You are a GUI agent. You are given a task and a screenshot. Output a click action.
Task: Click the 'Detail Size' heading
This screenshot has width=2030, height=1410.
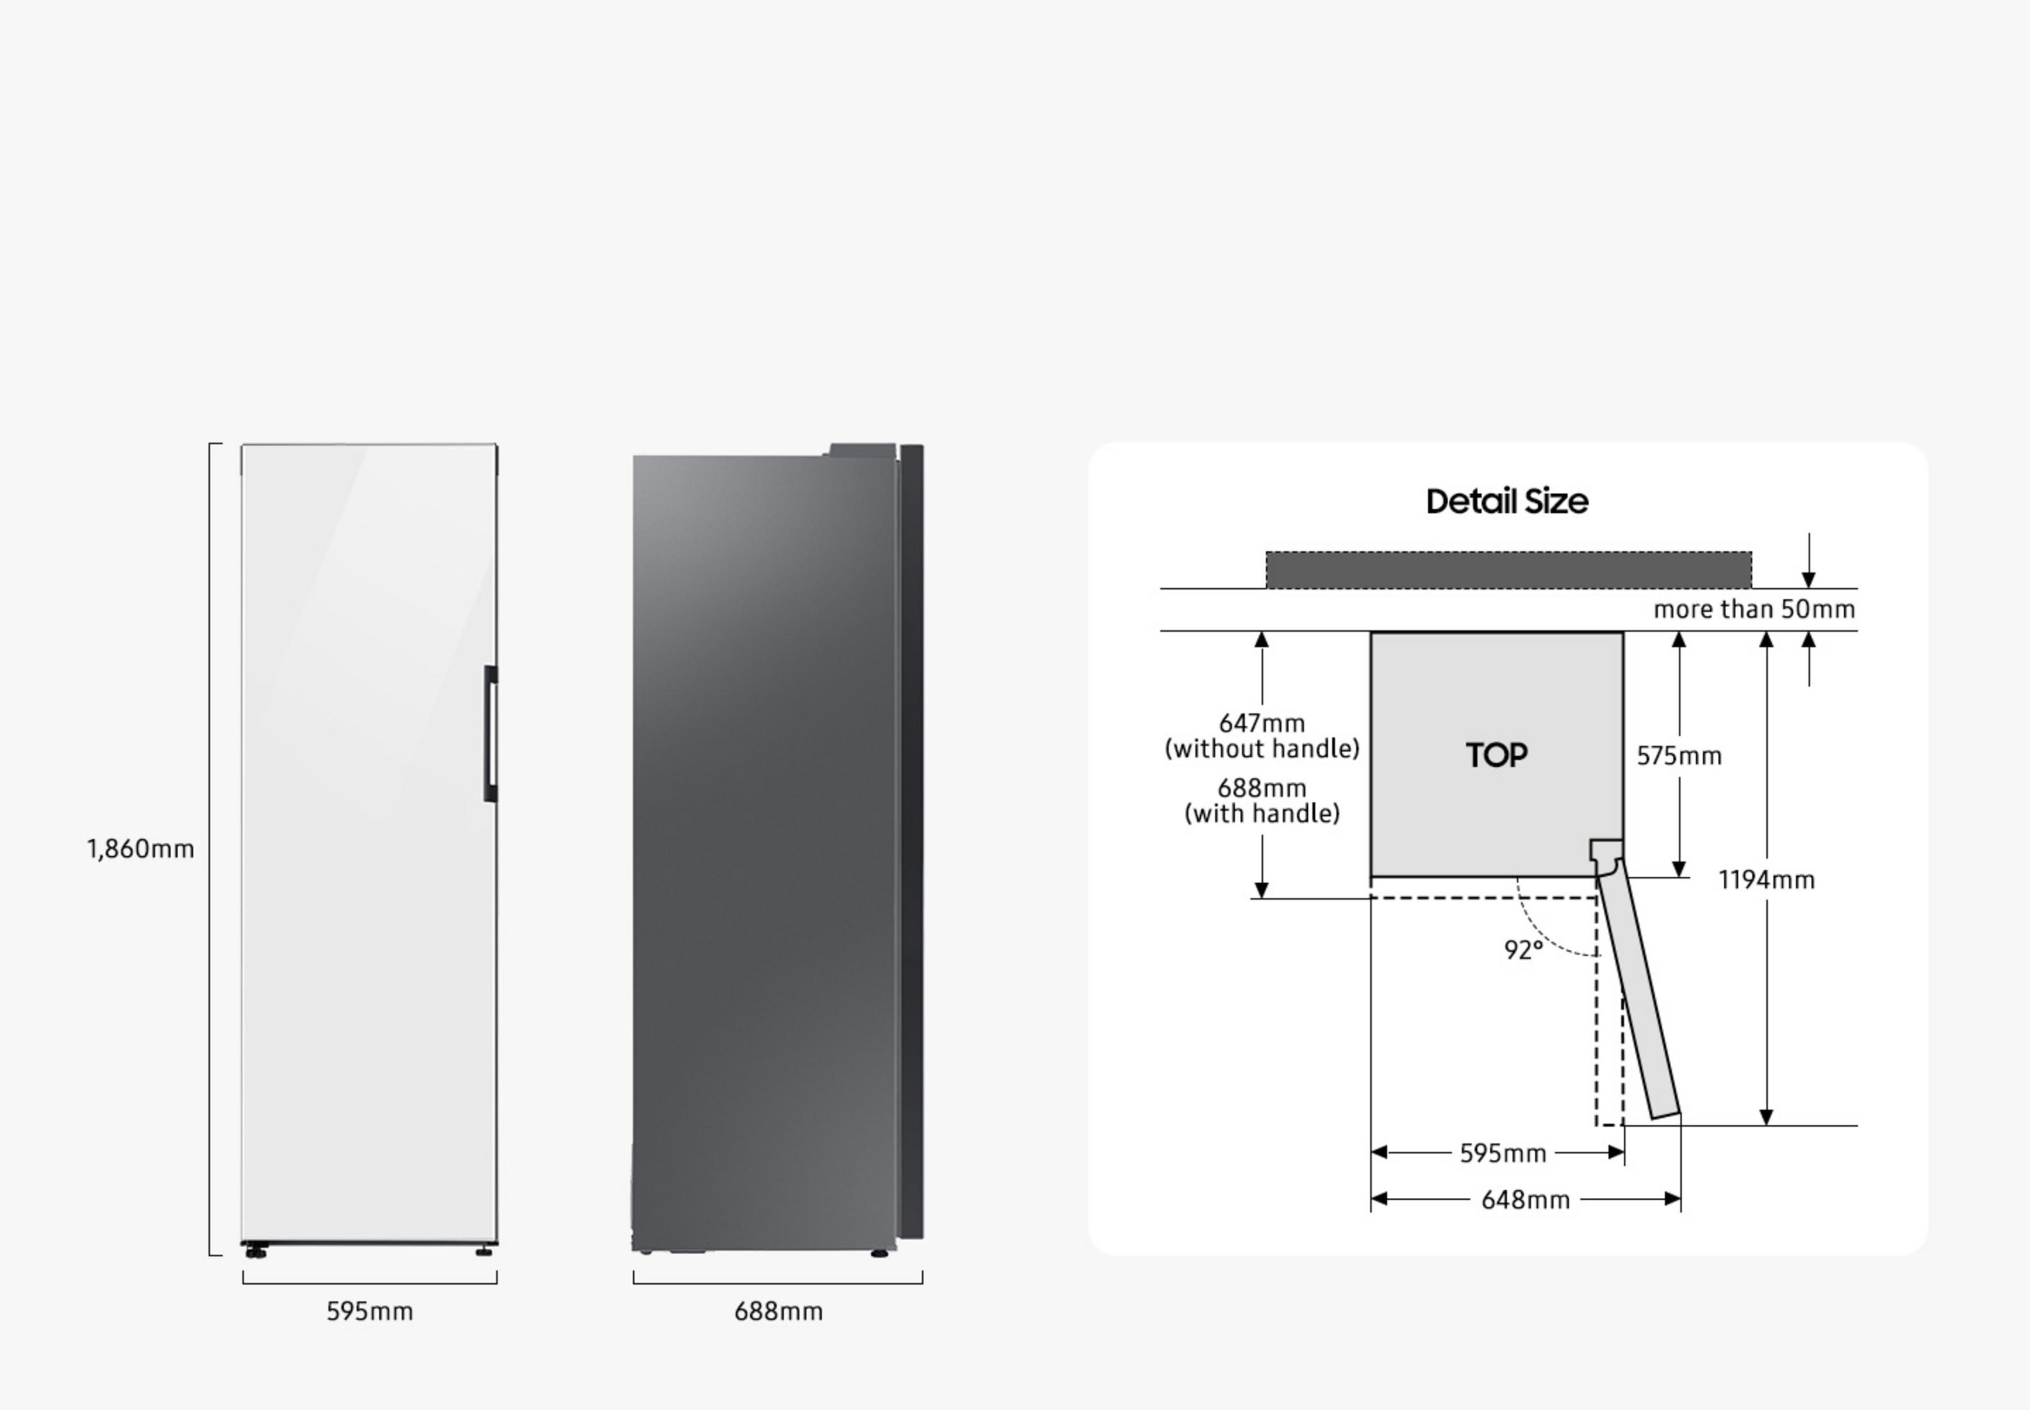(1507, 502)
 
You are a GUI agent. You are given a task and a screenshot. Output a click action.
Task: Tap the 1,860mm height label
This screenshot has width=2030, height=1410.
(140, 849)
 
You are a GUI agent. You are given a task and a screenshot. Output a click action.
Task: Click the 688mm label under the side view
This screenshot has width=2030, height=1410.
(779, 1311)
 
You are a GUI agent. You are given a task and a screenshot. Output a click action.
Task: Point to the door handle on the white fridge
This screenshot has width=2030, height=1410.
(490, 733)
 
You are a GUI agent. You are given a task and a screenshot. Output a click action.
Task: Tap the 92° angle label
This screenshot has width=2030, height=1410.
(1524, 950)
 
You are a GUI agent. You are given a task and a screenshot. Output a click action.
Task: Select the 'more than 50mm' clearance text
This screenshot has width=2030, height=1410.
(1754, 610)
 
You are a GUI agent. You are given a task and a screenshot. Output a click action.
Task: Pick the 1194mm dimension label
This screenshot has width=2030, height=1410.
(1767, 880)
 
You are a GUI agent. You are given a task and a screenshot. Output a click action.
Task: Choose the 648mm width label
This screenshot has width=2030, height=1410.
(1526, 1200)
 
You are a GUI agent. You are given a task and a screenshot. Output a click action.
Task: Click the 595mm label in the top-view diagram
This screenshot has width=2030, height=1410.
(1503, 1153)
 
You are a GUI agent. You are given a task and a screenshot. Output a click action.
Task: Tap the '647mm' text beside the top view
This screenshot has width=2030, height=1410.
(1262, 724)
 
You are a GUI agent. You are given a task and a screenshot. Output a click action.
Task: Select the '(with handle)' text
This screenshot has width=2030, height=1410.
(1262, 814)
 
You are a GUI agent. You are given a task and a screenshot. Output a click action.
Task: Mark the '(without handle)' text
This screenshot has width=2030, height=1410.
(1262, 749)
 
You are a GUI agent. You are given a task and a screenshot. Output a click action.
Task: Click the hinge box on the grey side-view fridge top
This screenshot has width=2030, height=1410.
(861, 451)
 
